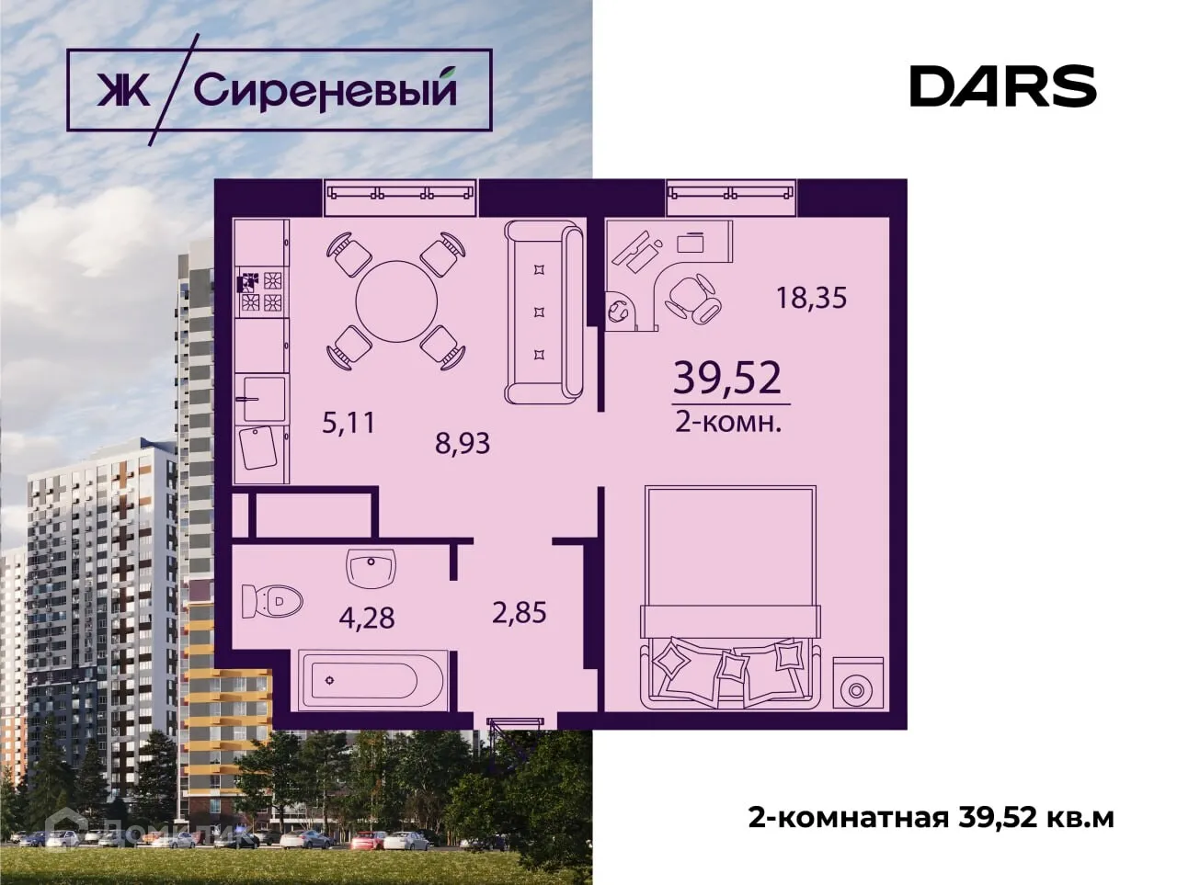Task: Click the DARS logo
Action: [x=1002, y=86]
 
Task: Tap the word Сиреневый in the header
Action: [x=326, y=90]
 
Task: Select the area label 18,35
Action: [x=811, y=298]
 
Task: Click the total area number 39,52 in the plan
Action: [x=727, y=378]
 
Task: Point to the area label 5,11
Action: [x=349, y=423]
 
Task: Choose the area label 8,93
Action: [x=463, y=444]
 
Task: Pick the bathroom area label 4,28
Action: [x=367, y=617]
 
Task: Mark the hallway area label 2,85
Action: [x=520, y=612]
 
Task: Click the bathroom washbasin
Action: [x=371, y=567]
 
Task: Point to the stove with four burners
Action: [x=261, y=291]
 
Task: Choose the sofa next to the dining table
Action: [x=543, y=312]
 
